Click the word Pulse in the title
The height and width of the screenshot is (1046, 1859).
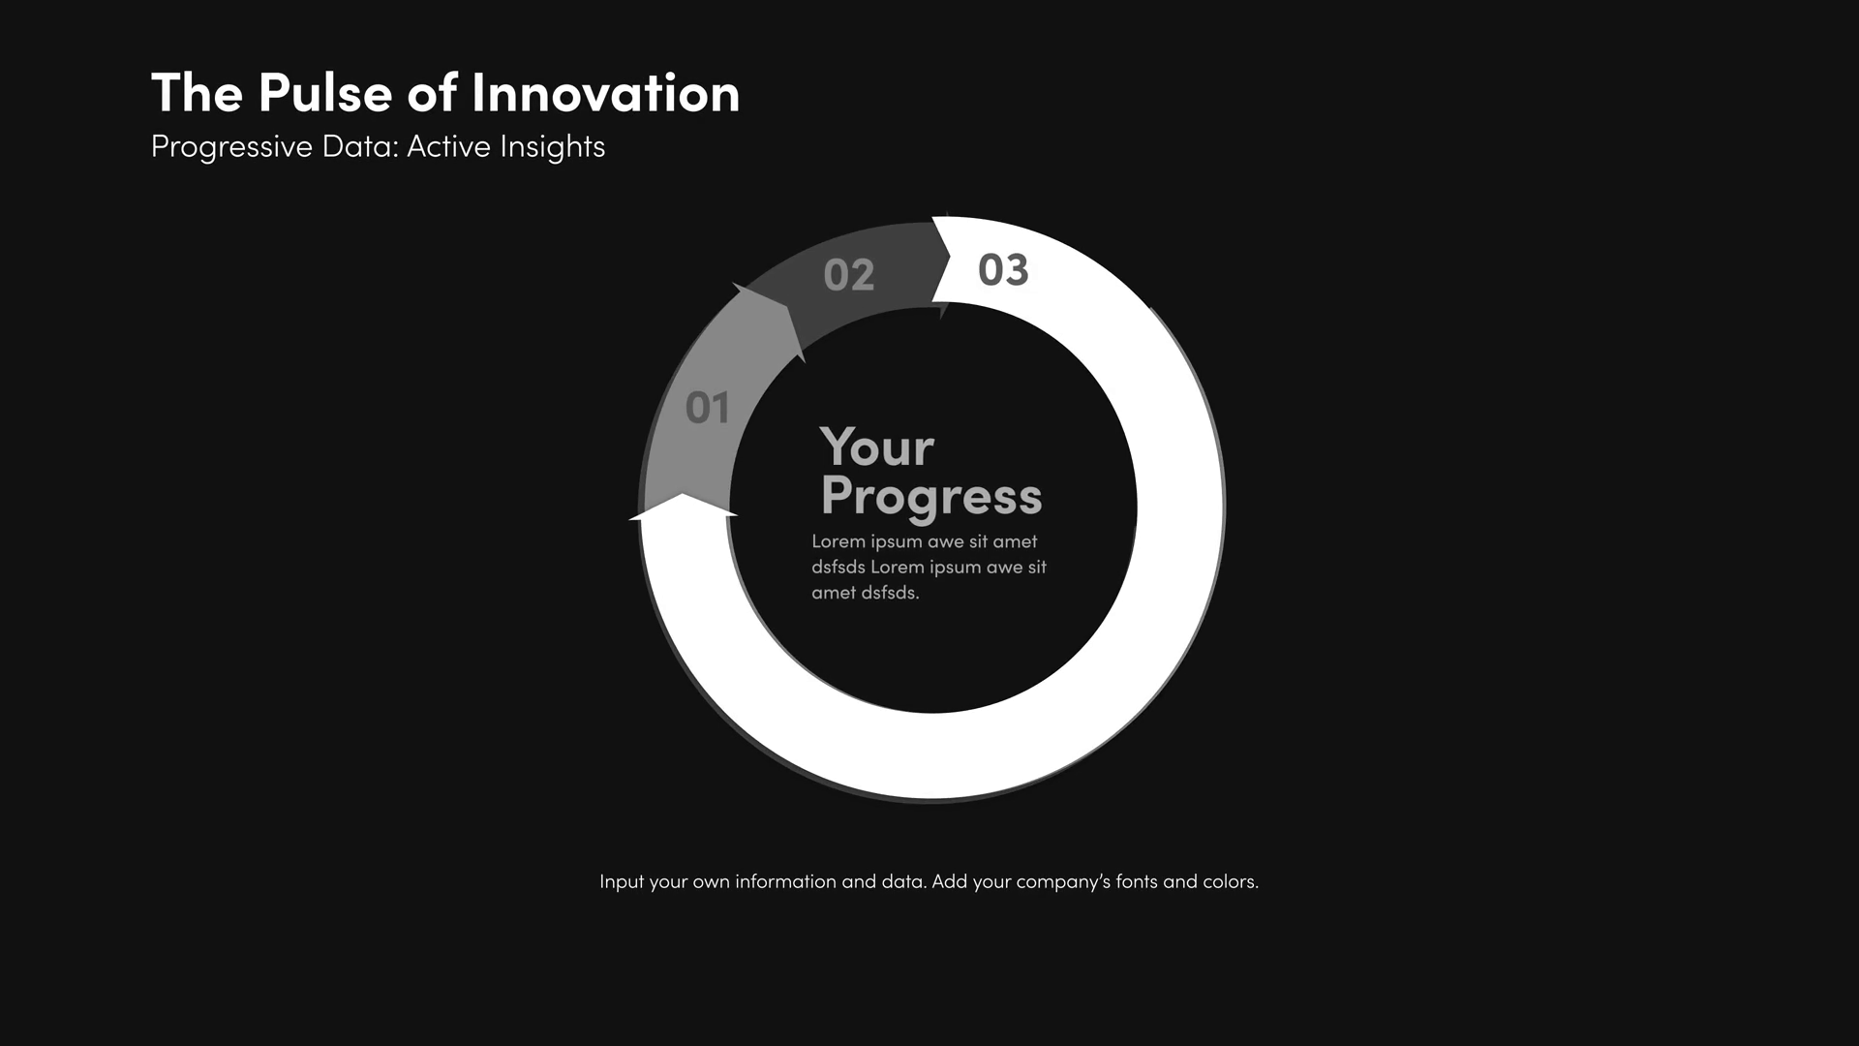pos(324,93)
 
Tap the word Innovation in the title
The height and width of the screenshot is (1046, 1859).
pos(605,93)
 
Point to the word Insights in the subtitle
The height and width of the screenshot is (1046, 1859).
pos(552,147)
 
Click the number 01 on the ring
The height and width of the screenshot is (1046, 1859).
pos(707,408)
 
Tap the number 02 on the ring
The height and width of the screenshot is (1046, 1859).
pos(849,275)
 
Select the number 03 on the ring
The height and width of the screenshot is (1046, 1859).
pos(1003,269)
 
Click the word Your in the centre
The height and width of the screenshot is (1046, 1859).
pos(877,447)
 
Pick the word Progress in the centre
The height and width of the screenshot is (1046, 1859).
pos(931,497)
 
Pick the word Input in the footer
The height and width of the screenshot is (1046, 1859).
pos(622,882)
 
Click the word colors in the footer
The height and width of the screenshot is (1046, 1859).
pos(1231,881)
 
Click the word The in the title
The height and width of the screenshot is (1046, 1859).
pos(198,93)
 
